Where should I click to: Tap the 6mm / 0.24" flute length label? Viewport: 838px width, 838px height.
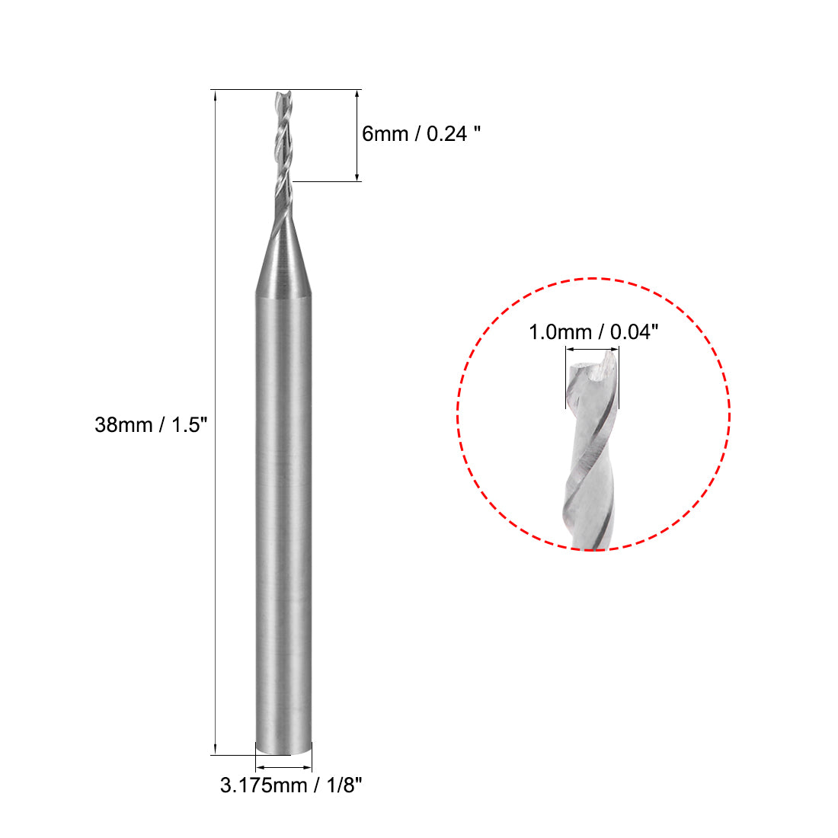pyautogui.click(x=421, y=134)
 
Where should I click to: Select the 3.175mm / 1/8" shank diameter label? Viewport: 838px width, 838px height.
pyautogui.click(x=290, y=785)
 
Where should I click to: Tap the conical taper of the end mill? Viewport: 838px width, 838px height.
pyautogui.click(x=283, y=259)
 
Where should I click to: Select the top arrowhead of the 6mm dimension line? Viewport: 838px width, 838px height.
pyautogui.click(x=357, y=96)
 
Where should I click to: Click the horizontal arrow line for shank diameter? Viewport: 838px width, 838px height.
pyautogui.click(x=283, y=767)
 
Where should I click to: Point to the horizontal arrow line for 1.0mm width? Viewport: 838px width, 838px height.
pyautogui.click(x=592, y=350)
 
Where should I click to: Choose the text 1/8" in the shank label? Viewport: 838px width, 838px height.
pyautogui.click(x=341, y=785)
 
